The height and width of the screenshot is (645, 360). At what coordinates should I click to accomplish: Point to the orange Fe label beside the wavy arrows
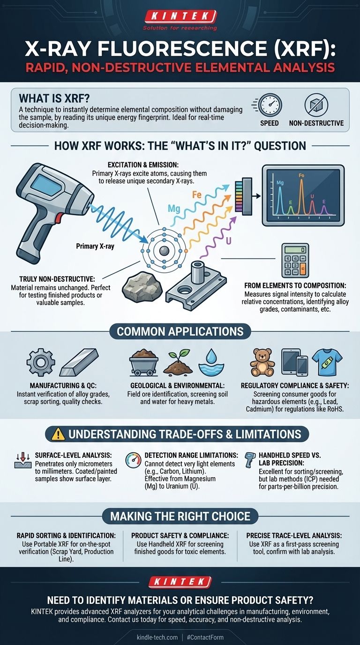[x=197, y=195]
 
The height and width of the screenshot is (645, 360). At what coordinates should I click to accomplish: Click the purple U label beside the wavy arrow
[x=228, y=241]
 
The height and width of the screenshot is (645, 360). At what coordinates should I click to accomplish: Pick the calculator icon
[x=295, y=260]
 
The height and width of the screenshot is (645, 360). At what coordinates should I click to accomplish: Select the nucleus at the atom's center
[x=164, y=250]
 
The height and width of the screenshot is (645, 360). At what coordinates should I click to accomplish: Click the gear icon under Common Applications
[x=41, y=362]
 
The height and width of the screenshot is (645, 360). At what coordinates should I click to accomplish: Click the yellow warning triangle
[x=58, y=435]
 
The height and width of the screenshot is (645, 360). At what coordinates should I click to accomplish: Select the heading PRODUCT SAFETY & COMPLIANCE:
[x=180, y=536]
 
